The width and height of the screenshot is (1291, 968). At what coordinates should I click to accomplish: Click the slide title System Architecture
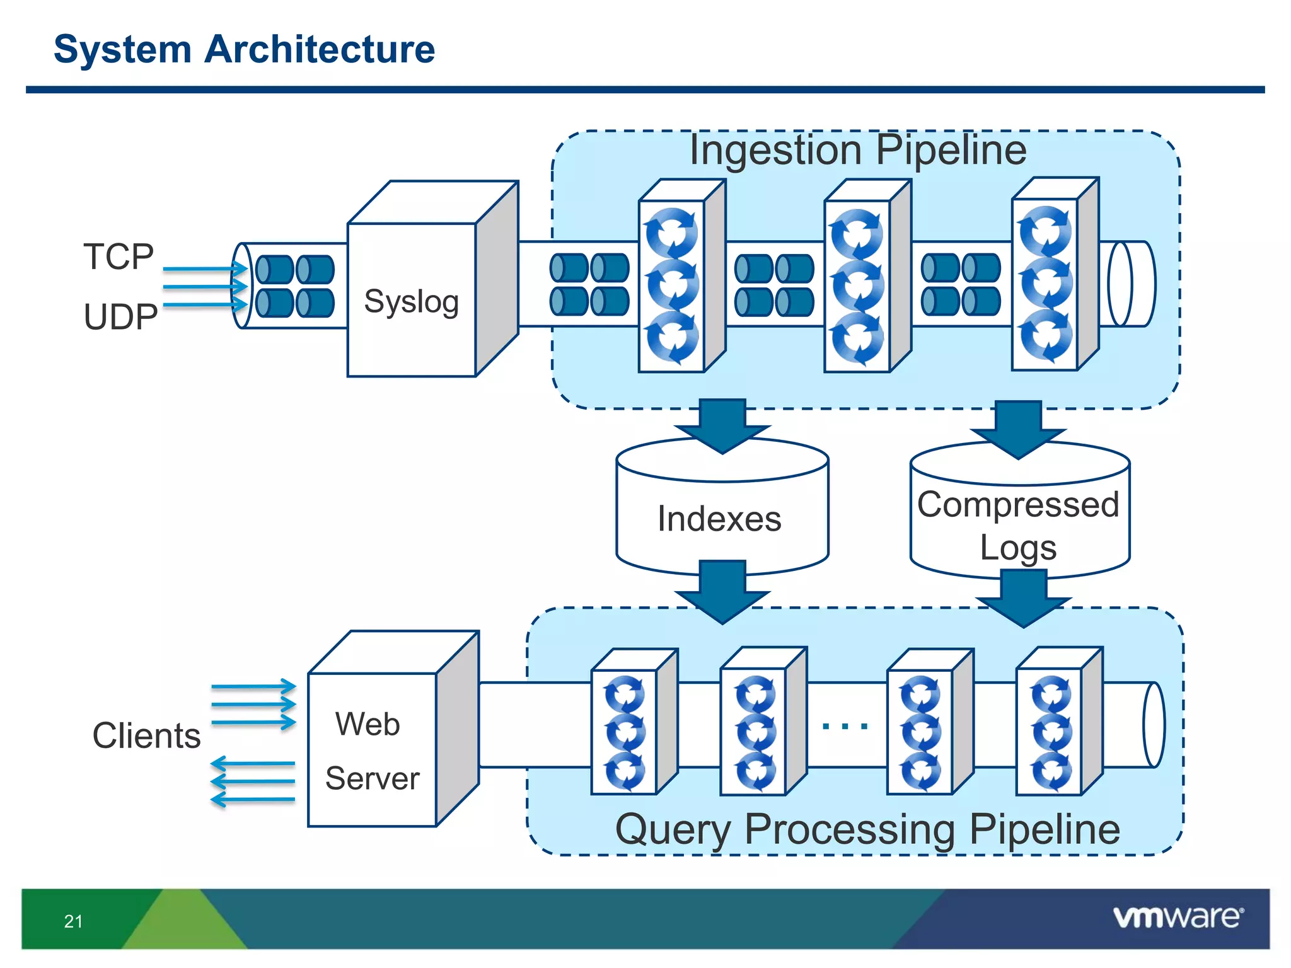pos(244,49)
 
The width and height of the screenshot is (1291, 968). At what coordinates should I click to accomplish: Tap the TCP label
pos(119,256)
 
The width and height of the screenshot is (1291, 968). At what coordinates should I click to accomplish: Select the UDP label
pos(120,316)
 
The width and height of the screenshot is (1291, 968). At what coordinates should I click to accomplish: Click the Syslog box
pos(411,301)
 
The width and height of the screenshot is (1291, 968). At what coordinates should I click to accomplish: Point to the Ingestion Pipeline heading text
pos(857,150)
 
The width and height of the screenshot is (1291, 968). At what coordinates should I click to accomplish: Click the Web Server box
pos(372,750)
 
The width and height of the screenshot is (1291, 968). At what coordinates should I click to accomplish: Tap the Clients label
pos(146,735)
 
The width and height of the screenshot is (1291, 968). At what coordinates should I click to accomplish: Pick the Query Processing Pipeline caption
pos(867,829)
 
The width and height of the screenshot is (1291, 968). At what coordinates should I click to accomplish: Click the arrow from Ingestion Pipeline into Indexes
pos(722,425)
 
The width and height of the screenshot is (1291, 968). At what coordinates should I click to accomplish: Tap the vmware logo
pos(1178,917)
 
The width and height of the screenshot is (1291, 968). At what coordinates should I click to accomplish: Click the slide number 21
pos(73,921)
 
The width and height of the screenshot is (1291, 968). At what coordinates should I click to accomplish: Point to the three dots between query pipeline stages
pos(845,726)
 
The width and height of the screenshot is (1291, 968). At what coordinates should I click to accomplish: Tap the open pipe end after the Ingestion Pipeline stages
pos(1132,284)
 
